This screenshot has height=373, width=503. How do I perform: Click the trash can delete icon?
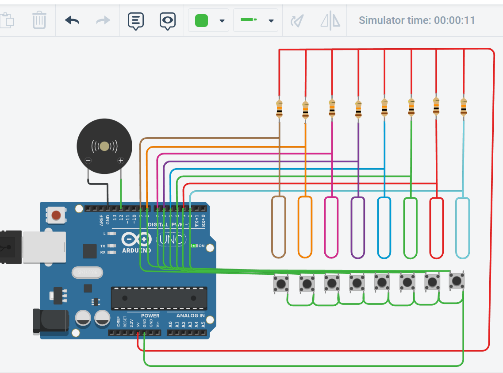pyautogui.click(x=39, y=20)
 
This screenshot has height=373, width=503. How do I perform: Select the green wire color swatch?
pyautogui.click(x=201, y=20)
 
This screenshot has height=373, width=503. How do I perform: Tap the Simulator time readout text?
pyautogui.click(x=416, y=20)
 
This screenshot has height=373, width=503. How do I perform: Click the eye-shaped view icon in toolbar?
pyautogui.click(x=167, y=20)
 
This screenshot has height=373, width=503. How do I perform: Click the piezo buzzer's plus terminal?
pyautogui.click(x=120, y=161)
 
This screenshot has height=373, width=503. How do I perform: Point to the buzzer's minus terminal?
pyautogui.click(x=88, y=161)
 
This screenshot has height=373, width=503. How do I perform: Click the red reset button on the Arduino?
pyautogui.click(x=56, y=215)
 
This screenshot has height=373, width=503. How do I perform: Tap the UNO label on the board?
pyautogui.click(x=171, y=239)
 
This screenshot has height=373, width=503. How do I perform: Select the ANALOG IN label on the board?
pyautogui.click(x=190, y=315)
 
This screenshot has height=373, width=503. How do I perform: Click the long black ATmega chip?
pyautogui.click(x=159, y=298)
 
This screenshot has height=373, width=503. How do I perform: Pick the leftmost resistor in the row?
pyautogui.click(x=279, y=109)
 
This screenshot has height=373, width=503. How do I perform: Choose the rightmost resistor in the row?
pyautogui.click(x=463, y=107)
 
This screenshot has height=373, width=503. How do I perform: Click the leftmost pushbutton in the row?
pyautogui.click(x=280, y=283)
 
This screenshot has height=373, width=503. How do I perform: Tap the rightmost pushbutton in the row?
pyautogui.click(x=457, y=280)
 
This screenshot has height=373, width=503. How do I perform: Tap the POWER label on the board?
pyautogui.click(x=150, y=315)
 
